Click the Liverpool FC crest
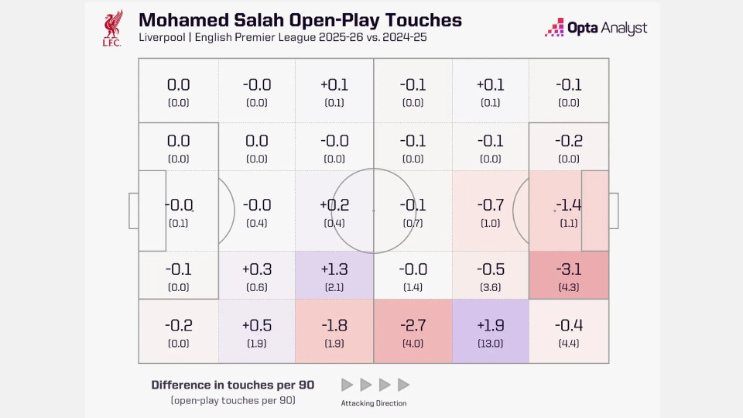112,28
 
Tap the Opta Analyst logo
596,28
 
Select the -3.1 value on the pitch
569,269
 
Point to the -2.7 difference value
413,325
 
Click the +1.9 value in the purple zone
491,325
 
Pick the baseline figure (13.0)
491,343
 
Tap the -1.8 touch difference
334,325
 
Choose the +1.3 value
334,269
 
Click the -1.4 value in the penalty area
569,205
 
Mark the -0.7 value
491,205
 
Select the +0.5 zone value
257,325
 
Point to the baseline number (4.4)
569,343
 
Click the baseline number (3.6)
491,287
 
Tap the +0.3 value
257,269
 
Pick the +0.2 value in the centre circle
334,205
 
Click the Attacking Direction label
374,403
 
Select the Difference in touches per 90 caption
232,385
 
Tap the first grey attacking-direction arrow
348,385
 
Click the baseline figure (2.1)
334,287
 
